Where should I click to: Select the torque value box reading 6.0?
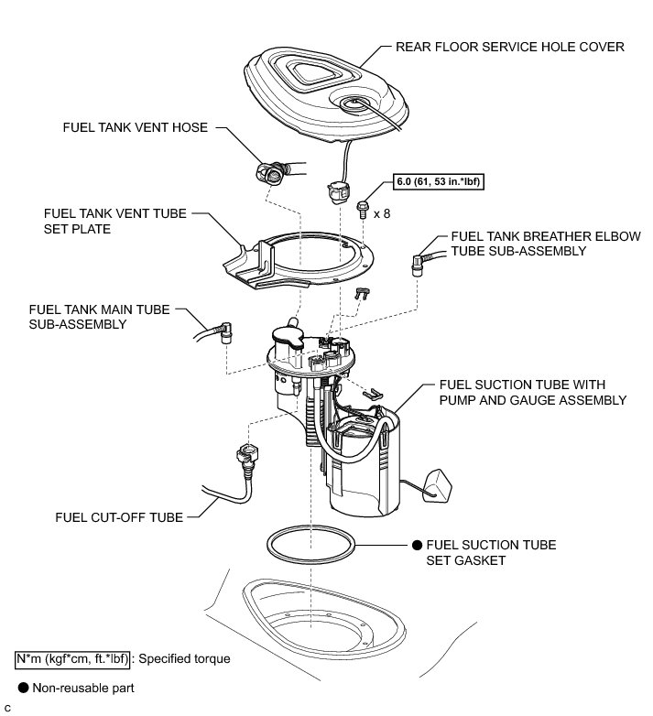coord(437,181)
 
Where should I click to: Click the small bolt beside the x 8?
coord(364,210)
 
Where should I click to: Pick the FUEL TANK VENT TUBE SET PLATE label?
coord(114,221)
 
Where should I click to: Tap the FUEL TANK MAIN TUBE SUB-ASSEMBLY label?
coord(99,317)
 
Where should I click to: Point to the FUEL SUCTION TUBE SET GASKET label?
coord(491,552)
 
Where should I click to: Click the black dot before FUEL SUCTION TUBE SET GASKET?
coord(417,546)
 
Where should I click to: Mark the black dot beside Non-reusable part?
coord(22,687)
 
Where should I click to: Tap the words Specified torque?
coord(184,657)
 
